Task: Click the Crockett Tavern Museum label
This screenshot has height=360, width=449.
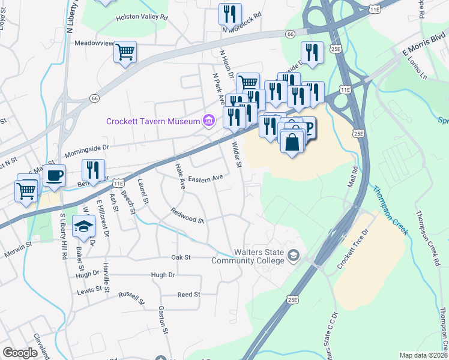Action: pyautogui.click(x=152, y=121)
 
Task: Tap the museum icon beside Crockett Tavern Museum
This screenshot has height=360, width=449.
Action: pyautogui.click(x=209, y=121)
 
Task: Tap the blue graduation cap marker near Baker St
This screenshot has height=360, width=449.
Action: pyautogui.click(x=84, y=226)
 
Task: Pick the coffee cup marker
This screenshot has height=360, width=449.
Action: pyautogui.click(x=54, y=175)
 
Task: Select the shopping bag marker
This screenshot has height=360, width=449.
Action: pyautogui.click(x=292, y=142)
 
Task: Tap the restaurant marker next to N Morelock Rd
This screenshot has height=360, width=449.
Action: pyautogui.click(x=230, y=14)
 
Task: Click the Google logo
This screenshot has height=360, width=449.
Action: pyautogui.click(x=20, y=353)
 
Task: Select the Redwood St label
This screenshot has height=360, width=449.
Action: pyautogui.click(x=187, y=215)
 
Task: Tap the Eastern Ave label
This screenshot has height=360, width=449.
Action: pyautogui.click(x=205, y=178)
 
